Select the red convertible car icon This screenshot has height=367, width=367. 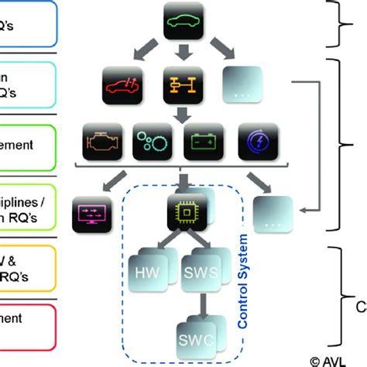point(123,84)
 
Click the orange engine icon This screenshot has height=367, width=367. point(101,142)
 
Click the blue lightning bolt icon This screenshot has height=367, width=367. point(256,142)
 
